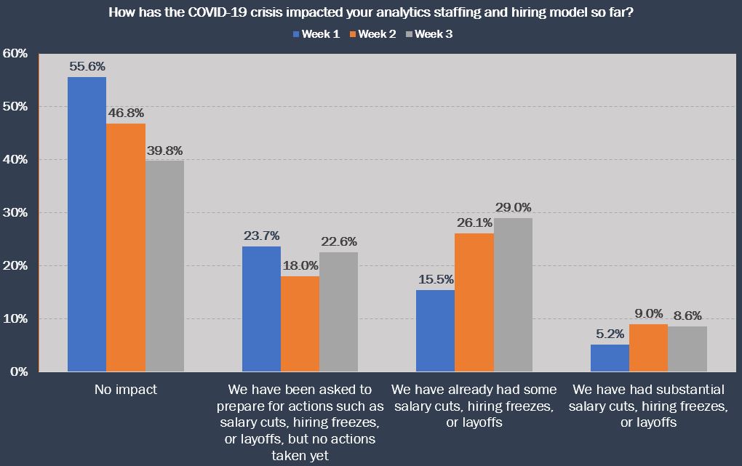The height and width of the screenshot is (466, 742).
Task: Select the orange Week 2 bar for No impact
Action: click(x=126, y=247)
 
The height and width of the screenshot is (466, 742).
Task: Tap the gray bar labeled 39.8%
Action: click(x=164, y=266)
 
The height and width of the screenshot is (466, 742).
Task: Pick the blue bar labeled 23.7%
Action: click(x=261, y=309)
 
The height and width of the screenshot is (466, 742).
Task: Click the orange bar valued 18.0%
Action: click(x=300, y=324)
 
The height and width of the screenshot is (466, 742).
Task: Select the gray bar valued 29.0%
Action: click(x=513, y=294)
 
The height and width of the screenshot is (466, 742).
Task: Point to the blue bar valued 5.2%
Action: click(x=610, y=358)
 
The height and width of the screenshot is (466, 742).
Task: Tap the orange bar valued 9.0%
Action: click(x=648, y=348)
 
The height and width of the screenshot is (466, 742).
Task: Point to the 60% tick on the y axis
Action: click(x=15, y=54)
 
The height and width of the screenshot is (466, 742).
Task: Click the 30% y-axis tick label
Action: click(x=15, y=213)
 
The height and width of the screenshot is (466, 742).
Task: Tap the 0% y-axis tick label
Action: click(x=18, y=372)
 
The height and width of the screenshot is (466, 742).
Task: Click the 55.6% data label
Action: click(x=87, y=66)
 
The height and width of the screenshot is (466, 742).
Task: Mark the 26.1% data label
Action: click(x=474, y=222)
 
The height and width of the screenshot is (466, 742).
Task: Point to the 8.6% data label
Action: click(x=687, y=316)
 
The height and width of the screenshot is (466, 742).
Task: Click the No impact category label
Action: click(x=125, y=390)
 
